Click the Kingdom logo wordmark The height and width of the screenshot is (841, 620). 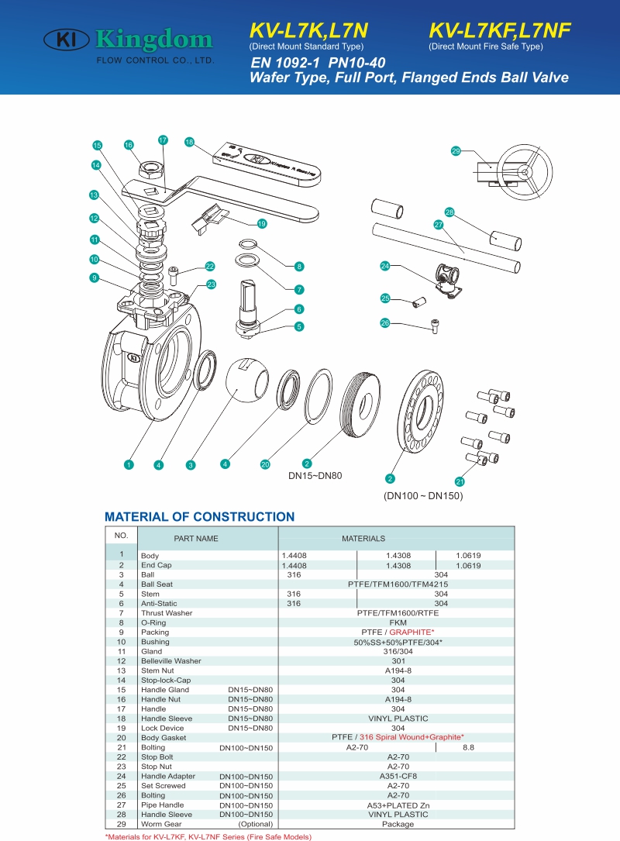[x=153, y=39]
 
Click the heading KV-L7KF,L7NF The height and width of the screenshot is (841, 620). [x=500, y=30]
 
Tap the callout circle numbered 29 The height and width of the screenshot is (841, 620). [x=456, y=151]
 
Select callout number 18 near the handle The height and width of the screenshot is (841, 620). [x=189, y=142]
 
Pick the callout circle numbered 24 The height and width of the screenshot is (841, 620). [x=384, y=266]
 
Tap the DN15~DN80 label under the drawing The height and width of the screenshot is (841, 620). [x=315, y=475]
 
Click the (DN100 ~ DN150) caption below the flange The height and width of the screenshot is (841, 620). [x=423, y=495]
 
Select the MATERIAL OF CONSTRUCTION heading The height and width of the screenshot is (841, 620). [x=199, y=517]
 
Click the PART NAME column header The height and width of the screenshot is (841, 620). [x=196, y=539]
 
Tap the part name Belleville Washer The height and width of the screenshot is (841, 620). [x=170, y=661]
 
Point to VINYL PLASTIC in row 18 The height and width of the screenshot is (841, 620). [x=398, y=719]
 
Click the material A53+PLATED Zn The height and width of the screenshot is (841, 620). [x=398, y=805]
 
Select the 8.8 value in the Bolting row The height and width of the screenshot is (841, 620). [x=468, y=747]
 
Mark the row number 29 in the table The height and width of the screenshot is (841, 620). [x=121, y=824]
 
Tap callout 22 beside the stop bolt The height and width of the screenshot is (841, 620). [x=209, y=266]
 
